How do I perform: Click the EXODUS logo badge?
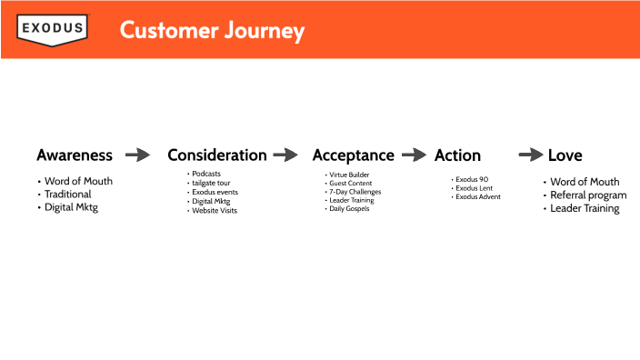53,29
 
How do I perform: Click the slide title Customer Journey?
212,30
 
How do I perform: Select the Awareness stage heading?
75,155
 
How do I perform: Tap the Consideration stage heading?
217,155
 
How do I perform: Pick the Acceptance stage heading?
354,155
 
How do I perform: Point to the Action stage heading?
457,155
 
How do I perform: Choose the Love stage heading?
565,155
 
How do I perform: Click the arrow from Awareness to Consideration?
138,155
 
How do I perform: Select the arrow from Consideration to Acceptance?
285,155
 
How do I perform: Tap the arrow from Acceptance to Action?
415,155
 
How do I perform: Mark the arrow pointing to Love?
531,155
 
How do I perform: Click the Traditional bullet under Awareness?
68,195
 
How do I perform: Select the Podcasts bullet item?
206,174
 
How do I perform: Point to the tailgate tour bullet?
211,183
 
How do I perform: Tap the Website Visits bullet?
215,210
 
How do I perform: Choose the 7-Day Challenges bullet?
355,192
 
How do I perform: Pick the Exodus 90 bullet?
473,179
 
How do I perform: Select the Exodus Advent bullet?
478,196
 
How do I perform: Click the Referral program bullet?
588,195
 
